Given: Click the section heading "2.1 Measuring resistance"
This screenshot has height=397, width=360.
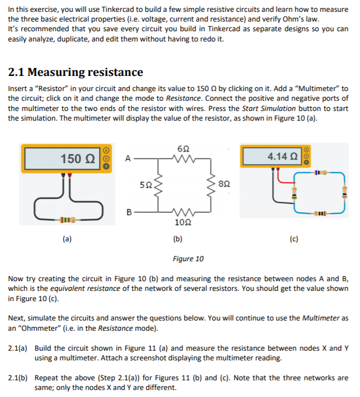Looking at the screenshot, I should click(x=76, y=72).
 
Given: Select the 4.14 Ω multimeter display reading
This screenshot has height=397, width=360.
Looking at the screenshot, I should click(x=279, y=156).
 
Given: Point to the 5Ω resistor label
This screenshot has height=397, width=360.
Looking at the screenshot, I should click(x=145, y=185).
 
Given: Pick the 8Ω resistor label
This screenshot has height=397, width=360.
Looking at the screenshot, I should click(x=225, y=185).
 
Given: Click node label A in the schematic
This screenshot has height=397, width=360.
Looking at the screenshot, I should click(x=128, y=159).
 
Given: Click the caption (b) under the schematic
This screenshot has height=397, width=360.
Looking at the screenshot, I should click(x=177, y=238).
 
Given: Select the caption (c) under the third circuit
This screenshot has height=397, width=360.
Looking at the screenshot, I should click(x=294, y=238).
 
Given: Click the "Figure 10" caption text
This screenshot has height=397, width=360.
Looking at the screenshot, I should click(x=188, y=259).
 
